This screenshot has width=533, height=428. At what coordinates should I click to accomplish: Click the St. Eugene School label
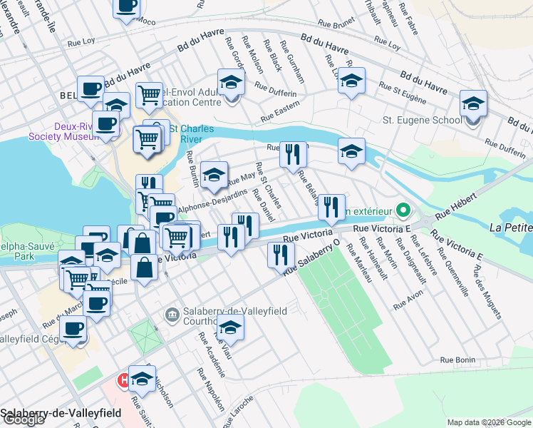click(423, 120)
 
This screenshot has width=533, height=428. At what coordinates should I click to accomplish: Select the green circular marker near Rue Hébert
click(403, 211)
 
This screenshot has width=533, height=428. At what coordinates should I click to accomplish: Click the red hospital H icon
click(123, 379)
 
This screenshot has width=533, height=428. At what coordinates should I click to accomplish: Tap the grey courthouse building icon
click(172, 315)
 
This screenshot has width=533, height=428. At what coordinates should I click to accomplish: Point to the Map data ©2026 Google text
click(488, 422)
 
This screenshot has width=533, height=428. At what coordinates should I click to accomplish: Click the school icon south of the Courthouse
click(231, 328)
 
